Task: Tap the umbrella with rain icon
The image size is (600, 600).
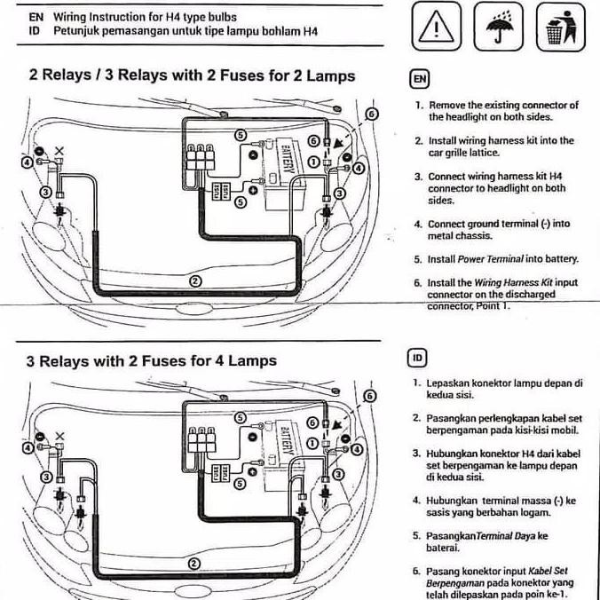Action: tap(497, 28)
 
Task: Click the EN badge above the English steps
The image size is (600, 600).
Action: tap(418, 78)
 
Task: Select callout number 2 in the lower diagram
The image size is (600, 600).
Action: tap(193, 564)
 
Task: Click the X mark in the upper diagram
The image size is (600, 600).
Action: tap(59, 152)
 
